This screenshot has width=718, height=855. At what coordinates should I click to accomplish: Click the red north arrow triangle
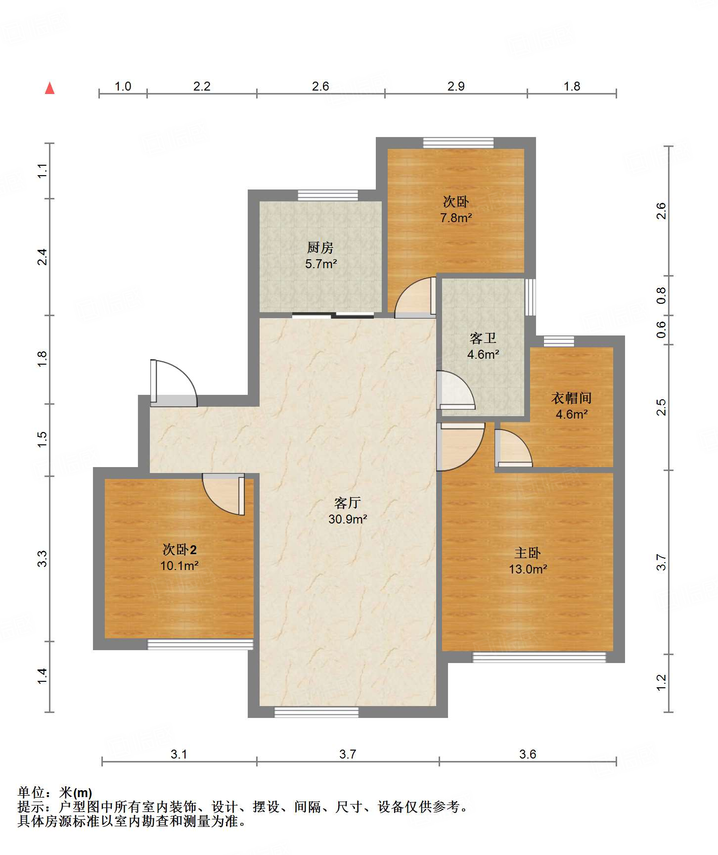[49, 88]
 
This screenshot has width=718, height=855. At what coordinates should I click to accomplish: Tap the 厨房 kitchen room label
[320, 247]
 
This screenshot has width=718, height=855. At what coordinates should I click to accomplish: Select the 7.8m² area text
[456, 218]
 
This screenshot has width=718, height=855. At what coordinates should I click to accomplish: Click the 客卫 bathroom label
[483, 338]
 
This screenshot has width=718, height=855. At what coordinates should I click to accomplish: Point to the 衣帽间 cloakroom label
[571, 398]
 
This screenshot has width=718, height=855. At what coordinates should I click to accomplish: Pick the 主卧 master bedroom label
[528, 553]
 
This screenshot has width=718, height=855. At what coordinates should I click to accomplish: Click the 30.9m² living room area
[348, 519]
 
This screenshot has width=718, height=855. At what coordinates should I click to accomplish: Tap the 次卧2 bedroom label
[179, 549]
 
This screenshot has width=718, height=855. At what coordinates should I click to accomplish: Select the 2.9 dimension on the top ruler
[456, 87]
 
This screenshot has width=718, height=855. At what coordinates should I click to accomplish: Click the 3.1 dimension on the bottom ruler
[179, 754]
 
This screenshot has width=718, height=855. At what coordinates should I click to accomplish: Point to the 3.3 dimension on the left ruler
[43, 559]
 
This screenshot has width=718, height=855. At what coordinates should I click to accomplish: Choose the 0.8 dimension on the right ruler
[661, 295]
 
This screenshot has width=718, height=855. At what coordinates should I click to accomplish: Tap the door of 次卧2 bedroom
[224, 494]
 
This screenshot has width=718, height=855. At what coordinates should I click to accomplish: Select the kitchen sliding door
[333, 315]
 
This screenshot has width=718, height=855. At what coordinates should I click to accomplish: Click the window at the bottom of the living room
[316, 712]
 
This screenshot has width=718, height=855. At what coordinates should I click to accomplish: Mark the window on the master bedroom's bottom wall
[539, 657]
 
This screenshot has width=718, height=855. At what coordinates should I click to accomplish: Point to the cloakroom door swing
[514, 448]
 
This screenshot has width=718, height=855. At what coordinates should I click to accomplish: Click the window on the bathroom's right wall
[530, 297]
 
